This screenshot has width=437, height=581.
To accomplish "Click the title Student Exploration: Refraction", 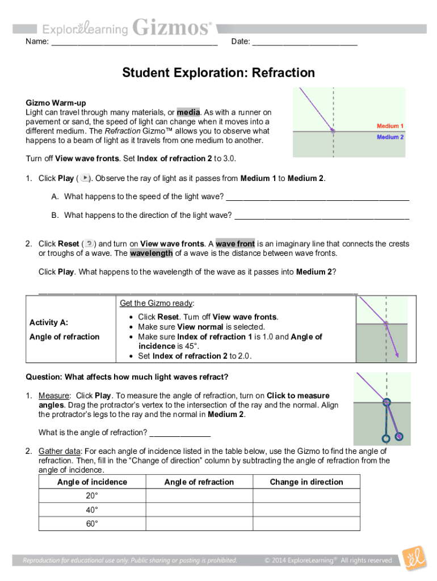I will (218, 73).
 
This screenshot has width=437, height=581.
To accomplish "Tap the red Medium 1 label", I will (390, 126).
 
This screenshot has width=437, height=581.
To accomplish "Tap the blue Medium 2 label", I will (390, 137).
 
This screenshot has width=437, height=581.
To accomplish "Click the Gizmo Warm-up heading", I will (56, 103).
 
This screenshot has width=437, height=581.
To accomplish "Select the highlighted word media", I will (188, 112).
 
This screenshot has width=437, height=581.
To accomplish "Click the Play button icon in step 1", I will (85, 178).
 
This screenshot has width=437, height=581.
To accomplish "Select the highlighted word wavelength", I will (151, 253).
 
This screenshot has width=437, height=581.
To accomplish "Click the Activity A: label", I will (49, 322).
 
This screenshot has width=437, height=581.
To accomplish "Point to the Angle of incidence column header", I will (92, 482).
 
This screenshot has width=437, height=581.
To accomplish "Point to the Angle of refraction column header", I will (199, 482).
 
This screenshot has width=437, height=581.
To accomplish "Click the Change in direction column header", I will (306, 482).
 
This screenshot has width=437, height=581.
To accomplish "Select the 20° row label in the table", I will (92, 496).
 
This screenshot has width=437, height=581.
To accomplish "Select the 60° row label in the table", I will (92, 524).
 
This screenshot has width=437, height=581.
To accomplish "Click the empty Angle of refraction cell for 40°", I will (199, 510).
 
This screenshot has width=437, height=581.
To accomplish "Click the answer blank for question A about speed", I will (317, 197).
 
